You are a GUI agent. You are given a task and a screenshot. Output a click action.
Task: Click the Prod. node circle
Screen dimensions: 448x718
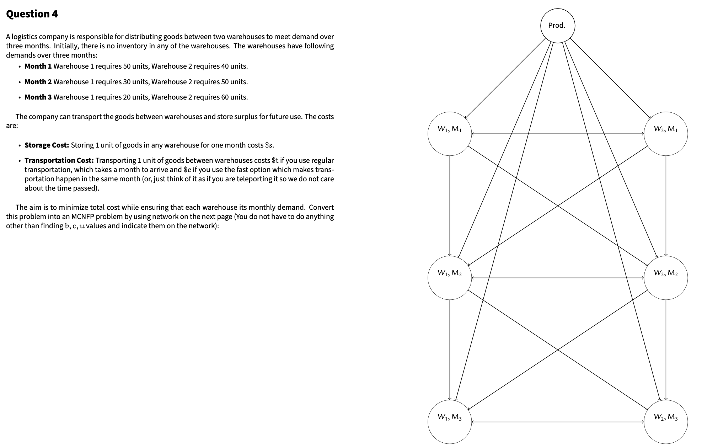(x=557, y=26)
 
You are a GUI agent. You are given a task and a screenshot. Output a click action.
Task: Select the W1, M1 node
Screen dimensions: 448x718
(x=449, y=134)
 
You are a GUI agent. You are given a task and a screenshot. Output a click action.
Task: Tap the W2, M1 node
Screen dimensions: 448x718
(x=665, y=134)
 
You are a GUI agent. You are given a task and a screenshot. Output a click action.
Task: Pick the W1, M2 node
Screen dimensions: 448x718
(x=449, y=278)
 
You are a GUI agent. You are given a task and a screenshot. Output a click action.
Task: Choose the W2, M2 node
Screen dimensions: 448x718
(x=665, y=278)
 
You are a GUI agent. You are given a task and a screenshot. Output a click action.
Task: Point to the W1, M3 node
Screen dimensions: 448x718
(x=449, y=422)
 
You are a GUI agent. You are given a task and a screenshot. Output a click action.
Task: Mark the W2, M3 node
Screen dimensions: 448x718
(x=665, y=422)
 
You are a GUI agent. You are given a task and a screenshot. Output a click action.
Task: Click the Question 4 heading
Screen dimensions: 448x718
(x=32, y=14)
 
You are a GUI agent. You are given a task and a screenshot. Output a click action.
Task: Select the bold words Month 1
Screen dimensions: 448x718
(x=38, y=66)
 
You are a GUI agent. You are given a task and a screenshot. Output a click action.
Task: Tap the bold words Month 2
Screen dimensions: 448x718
(x=38, y=82)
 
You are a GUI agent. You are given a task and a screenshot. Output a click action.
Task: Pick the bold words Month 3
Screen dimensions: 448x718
(x=38, y=97)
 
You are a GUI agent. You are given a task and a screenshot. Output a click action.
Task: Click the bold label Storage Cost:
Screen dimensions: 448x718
(x=47, y=145)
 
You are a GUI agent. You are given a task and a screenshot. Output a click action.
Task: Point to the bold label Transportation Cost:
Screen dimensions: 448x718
(x=59, y=160)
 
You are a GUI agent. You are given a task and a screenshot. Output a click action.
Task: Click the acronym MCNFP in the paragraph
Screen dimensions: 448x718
(x=83, y=217)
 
